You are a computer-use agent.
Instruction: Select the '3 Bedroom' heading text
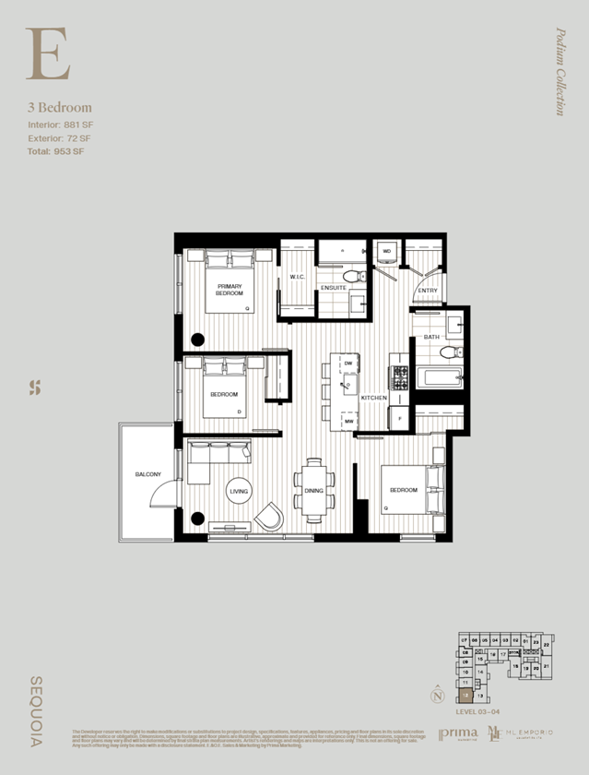pos(59,108)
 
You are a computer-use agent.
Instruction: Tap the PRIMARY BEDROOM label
pos(230,290)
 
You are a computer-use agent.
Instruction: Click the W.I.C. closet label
pos(297,277)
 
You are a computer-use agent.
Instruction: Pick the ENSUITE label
pos(334,289)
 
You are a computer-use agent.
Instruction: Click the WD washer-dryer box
pos(386,251)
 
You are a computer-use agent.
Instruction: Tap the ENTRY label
pos(427,291)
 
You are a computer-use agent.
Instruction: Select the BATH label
pos(431,338)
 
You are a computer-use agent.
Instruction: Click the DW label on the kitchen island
pos(348,364)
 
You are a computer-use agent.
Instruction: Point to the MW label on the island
pos(349,421)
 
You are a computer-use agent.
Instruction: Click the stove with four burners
pos(400,376)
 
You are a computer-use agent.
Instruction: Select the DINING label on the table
pos(313,492)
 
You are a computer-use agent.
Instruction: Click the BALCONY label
pos(147,474)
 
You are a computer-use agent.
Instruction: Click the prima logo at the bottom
pos(458,733)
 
